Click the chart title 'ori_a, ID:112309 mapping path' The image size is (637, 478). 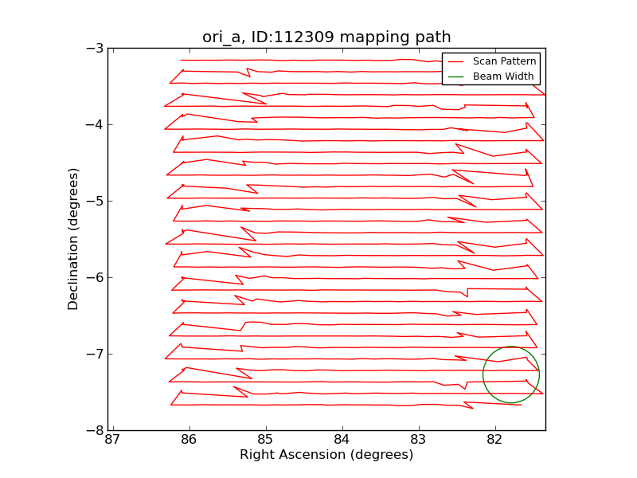[x=326, y=37]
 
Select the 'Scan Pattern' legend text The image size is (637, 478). [x=504, y=61]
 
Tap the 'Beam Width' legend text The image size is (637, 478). [x=503, y=76]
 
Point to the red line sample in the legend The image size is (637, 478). [x=455, y=61]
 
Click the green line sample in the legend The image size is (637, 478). [x=455, y=76]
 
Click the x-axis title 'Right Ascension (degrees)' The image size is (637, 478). [x=326, y=455]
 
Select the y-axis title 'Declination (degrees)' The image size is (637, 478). [x=74, y=239]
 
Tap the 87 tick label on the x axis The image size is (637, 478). [x=113, y=441]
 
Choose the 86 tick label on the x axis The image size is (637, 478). [x=190, y=441]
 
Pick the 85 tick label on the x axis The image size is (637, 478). [x=266, y=441]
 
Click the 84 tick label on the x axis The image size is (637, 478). [x=342, y=441]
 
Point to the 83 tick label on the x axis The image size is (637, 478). [x=419, y=441]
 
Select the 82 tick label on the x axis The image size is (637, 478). [x=495, y=441]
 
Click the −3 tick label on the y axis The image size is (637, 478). [x=95, y=48]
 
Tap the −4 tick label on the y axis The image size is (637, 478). [x=95, y=124]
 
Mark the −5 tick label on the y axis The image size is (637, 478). [x=95, y=201]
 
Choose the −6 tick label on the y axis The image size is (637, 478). [x=95, y=277]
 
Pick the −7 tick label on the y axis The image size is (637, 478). [x=95, y=354]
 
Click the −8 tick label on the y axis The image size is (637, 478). [x=95, y=430]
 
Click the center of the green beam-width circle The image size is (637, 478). [x=511, y=374]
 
